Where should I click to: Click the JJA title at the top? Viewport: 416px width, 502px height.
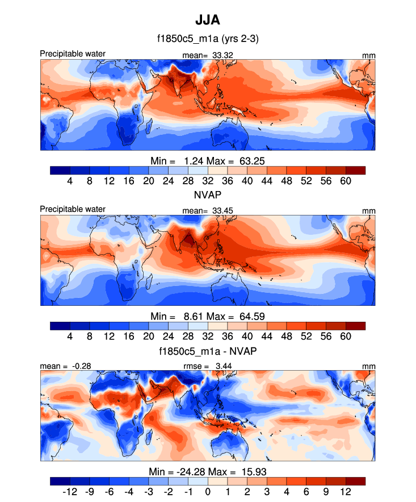pyautogui.click(x=207, y=21)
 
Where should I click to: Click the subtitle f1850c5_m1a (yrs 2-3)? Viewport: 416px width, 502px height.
pyautogui.click(x=207, y=39)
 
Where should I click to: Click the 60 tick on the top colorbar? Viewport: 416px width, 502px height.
pyautogui.click(x=346, y=181)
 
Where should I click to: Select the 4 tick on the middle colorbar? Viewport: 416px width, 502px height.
pyautogui.click(x=70, y=337)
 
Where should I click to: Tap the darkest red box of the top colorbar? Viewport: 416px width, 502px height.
pyautogui.click(x=355, y=170)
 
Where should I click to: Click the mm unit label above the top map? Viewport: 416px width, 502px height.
pyautogui.click(x=369, y=55)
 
